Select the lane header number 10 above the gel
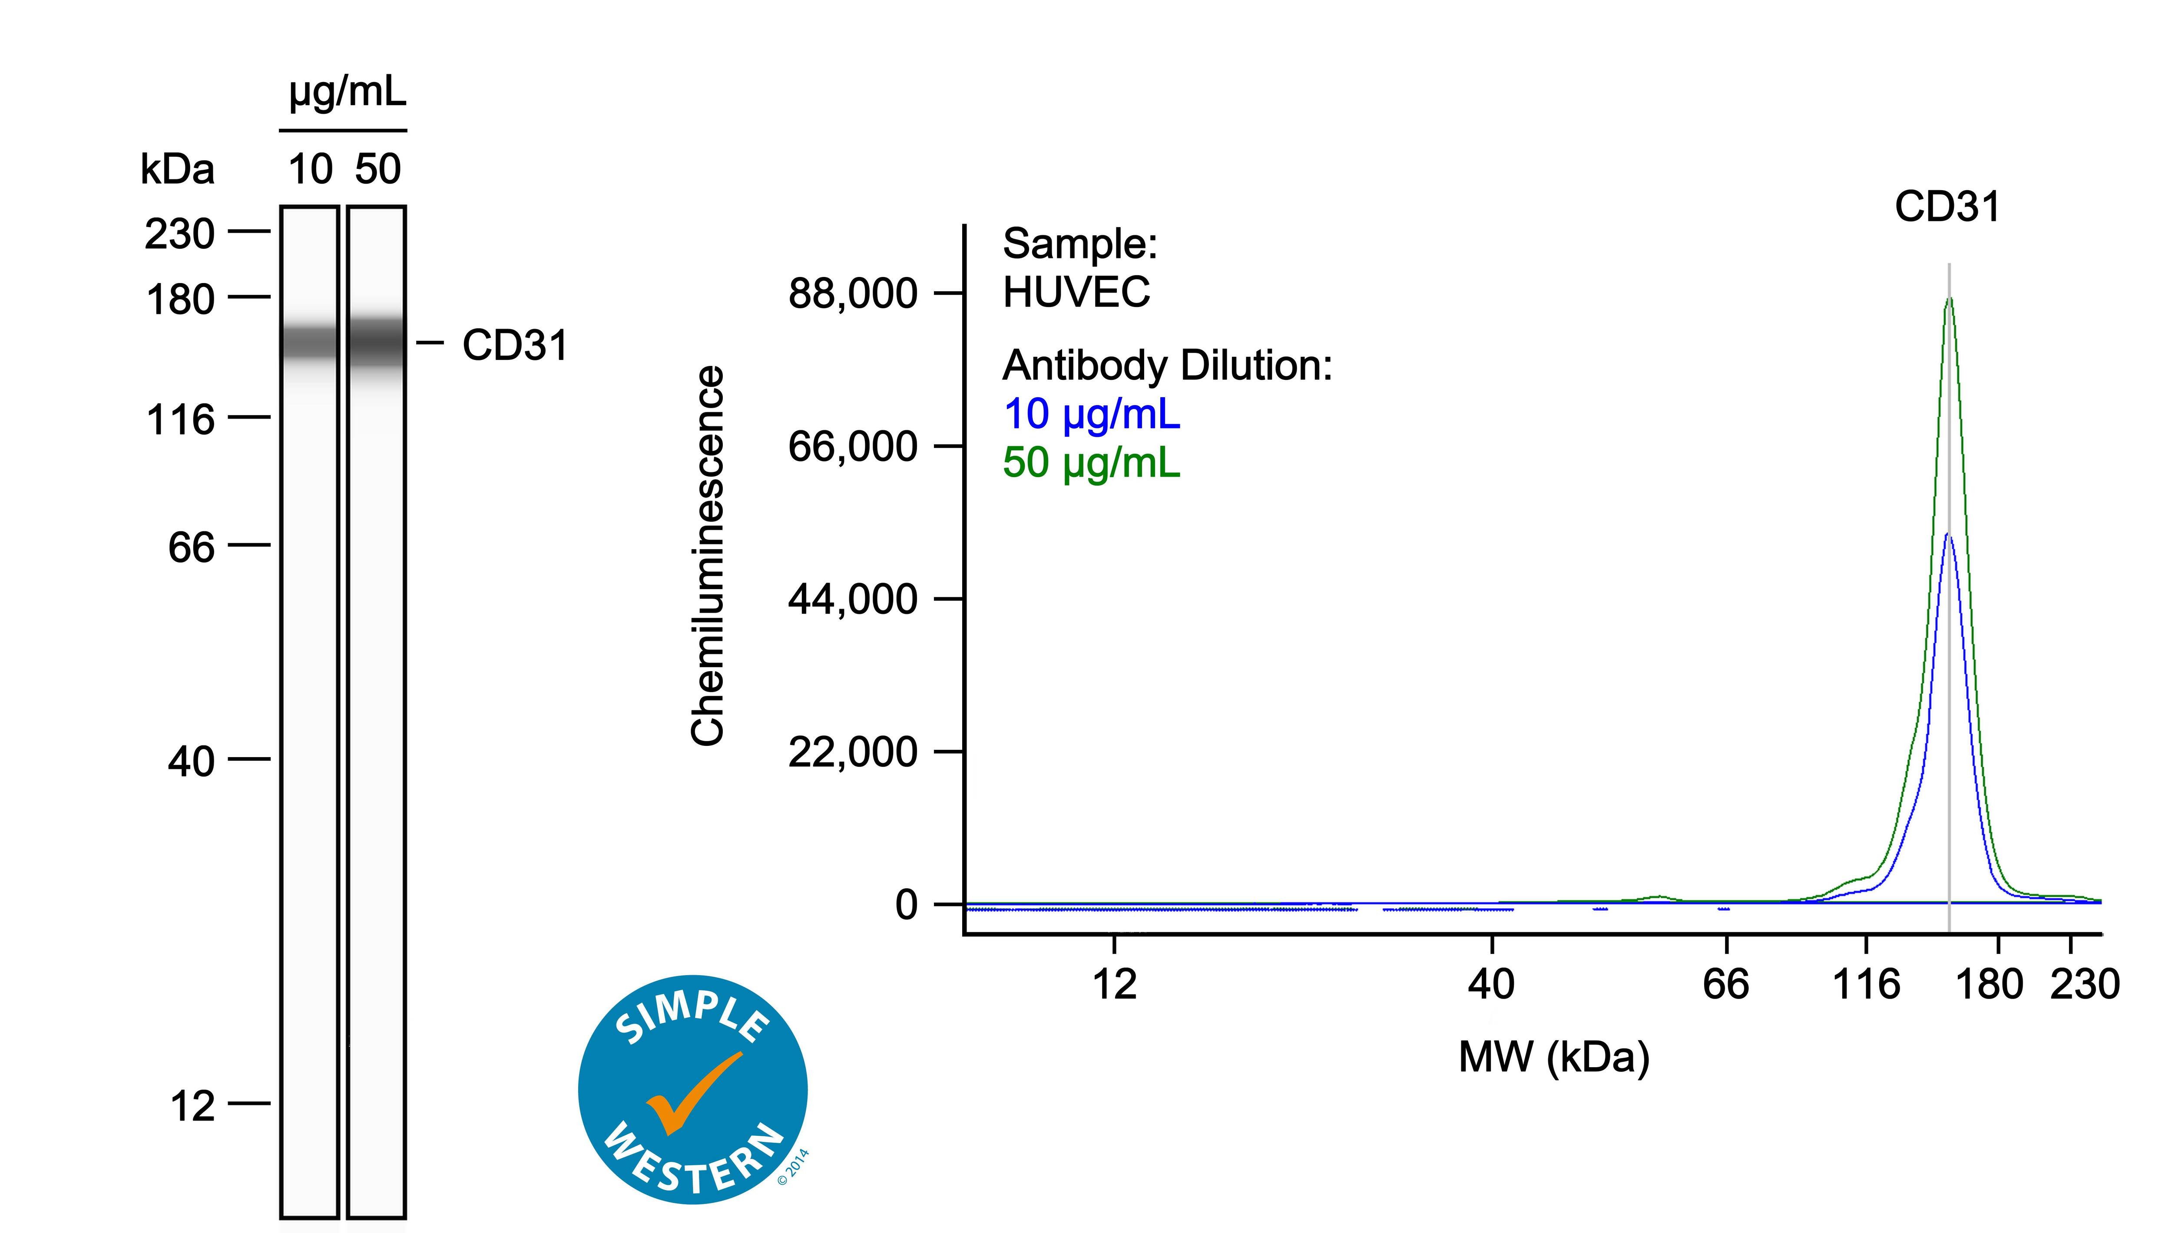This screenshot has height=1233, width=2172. click(x=310, y=169)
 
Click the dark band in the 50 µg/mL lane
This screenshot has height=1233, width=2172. click(x=376, y=343)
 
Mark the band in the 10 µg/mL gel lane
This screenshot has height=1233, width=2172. click(x=310, y=343)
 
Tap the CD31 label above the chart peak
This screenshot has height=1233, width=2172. click(x=1947, y=207)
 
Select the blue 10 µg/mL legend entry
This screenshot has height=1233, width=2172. click(x=1091, y=414)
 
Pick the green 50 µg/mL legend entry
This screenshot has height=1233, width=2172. click(x=1091, y=462)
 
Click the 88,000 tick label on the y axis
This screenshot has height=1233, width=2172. click(x=852, y=294)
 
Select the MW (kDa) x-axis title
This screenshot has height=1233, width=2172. click(x=1553, y=1057)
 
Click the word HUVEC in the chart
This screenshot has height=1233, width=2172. click(x=1076, y=292)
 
